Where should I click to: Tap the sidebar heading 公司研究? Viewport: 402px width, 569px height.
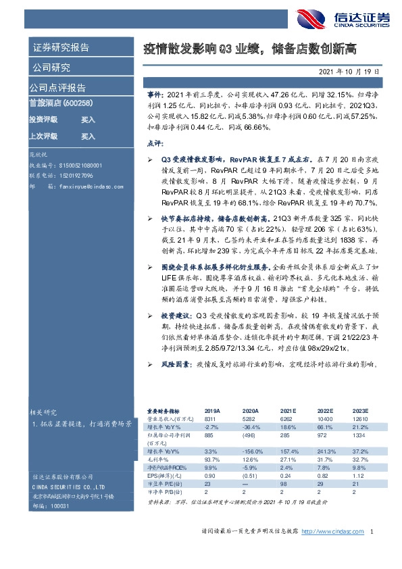click(50, 68)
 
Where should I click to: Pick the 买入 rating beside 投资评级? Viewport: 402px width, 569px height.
click(88, 119)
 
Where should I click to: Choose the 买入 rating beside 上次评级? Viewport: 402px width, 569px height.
click(88, 136)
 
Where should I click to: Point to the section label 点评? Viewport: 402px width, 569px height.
click(155, 143)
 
